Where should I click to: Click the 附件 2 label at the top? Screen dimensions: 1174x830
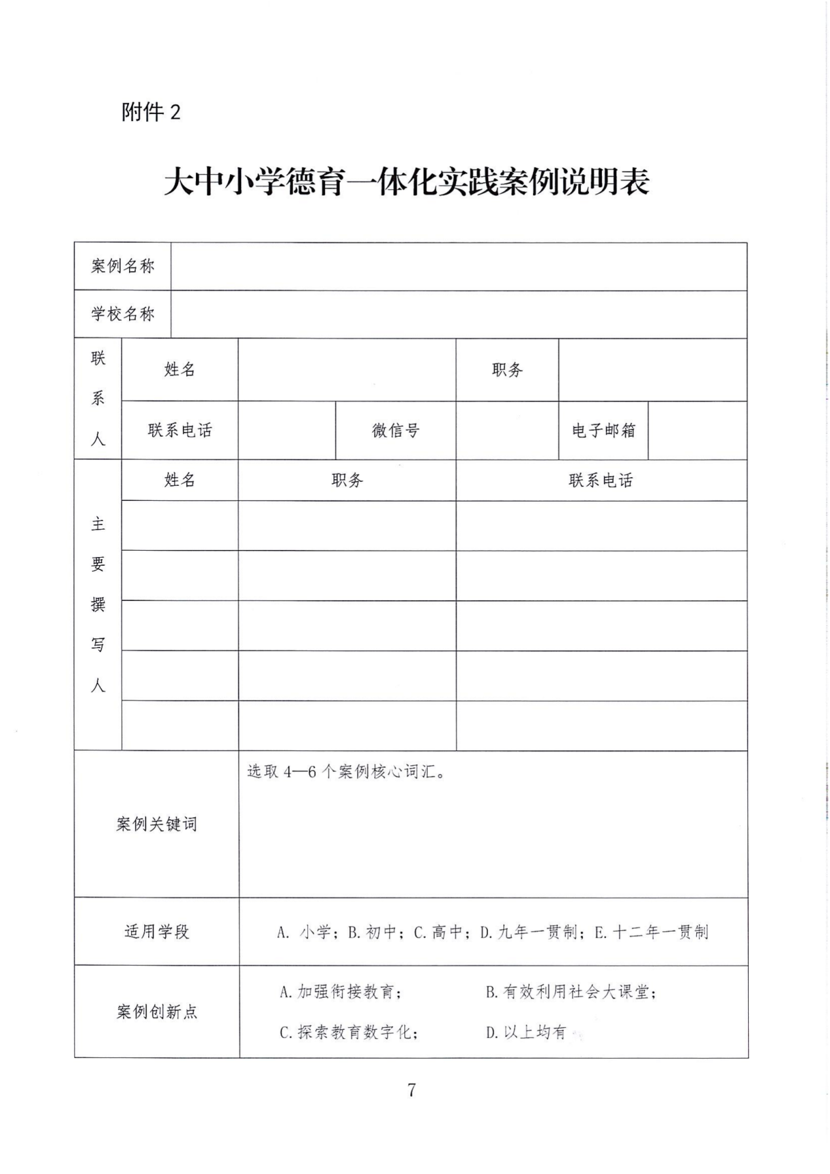click(x=150, y=113)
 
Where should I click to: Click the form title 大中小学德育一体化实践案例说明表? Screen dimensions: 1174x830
click(x=406, y=182)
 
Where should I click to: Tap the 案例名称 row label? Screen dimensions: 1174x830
click(x=123, y=266)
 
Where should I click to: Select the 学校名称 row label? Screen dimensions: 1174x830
click(x=123, y=314)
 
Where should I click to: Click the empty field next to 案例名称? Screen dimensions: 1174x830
click(x=459, y=266)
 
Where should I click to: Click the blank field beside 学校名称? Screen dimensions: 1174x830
click(x=459, y=314)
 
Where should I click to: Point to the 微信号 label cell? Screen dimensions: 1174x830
click(x=396, y=430)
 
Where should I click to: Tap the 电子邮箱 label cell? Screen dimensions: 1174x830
click(x=603, y=430)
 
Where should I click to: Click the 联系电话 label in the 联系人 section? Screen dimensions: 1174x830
click(x=180, y=430)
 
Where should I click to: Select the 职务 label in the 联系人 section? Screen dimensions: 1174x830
click(x=507, y=370)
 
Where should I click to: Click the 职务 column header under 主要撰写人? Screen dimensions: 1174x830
click(x=347, y=481)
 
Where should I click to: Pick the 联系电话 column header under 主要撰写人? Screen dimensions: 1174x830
click(x=601, y=481)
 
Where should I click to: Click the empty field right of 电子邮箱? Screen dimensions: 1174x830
click(x=697, y=430)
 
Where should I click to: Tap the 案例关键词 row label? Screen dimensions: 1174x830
click(x=157, y=824)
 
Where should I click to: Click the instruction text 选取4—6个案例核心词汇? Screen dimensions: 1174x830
click(x=347, y=771)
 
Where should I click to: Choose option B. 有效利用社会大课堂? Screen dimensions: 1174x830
click(x=570, y=992)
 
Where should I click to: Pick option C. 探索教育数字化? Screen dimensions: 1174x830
click(x=349, y=1033)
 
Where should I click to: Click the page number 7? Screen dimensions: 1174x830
click(x=411, y=1090)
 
